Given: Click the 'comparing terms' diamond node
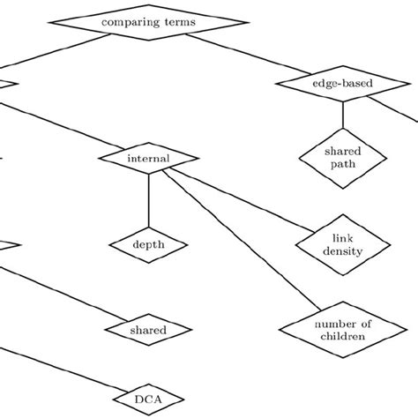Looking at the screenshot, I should [x=148, y=20].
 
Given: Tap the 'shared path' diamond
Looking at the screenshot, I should [x=341, y=156].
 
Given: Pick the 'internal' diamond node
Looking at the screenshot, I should [x=148, y=159].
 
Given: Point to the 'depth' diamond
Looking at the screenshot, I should [x=148, y=244].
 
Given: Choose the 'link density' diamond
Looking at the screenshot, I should [x=342, y=246].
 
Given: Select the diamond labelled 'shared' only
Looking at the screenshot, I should [x=148, y=330].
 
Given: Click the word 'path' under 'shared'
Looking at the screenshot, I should [x=342, y=163].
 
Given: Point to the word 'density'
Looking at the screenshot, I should [x=342, y=253].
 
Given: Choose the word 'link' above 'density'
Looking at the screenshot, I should [x=342, y=239].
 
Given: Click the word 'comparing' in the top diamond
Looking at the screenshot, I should [x=130, y=21].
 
